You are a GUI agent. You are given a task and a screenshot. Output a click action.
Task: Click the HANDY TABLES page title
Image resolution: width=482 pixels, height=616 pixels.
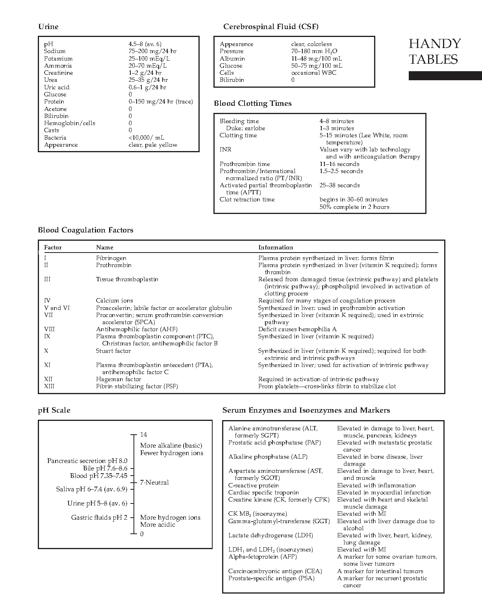point(434,51)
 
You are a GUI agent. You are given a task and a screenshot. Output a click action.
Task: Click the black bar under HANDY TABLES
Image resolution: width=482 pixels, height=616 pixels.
point(445,76)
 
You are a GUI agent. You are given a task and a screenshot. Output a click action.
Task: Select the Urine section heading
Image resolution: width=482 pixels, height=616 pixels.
point(48,27)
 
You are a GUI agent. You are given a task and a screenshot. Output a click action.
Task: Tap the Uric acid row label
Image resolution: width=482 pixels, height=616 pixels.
point(57,87)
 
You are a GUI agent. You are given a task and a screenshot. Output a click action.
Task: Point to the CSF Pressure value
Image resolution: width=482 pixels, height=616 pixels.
point(314,51)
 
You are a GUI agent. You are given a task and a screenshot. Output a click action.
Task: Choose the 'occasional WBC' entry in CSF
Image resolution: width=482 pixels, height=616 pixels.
point(314,73)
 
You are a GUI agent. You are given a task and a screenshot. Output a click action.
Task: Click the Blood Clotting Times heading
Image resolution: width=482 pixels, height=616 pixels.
point(253,103)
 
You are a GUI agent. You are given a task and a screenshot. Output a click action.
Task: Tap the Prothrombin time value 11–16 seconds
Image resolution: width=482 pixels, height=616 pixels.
point(339,164)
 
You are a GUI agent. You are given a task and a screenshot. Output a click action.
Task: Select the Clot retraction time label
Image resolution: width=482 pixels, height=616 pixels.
point(247,199)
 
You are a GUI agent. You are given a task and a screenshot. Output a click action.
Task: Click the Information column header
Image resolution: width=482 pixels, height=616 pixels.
point(276,247)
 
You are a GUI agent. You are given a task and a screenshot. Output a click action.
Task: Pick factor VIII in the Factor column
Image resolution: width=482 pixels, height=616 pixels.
point(47,329)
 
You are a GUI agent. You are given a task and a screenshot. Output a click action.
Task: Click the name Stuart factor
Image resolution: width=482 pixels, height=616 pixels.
point(113,351)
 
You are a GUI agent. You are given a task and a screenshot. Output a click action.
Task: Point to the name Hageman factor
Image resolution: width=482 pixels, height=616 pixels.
point(119,379)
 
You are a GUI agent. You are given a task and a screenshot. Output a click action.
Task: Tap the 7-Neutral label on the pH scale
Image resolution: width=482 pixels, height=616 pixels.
point(154,483)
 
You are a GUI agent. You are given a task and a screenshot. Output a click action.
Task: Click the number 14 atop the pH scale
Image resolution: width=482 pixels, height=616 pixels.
point(143,435)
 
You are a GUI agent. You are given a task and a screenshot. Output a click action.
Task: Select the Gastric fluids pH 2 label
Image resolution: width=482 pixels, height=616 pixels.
point(99,518)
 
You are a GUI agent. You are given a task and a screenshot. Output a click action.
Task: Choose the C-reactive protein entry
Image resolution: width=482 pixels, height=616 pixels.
point(253,485)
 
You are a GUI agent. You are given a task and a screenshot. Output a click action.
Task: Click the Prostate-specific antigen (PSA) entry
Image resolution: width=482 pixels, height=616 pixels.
point(271,578)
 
